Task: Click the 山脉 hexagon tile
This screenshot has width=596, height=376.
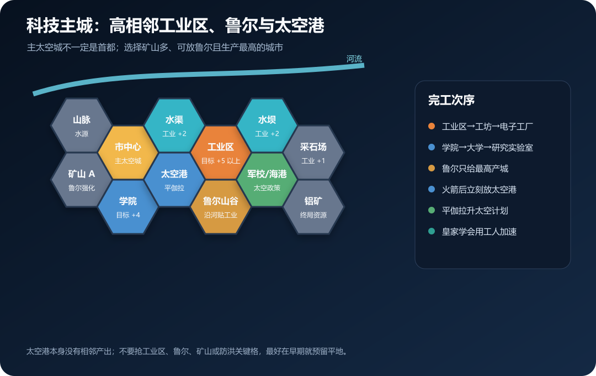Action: click(81, 126)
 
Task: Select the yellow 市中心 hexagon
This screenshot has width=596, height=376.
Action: click(127, 153)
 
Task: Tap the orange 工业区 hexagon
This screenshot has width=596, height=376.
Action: click(220, 153)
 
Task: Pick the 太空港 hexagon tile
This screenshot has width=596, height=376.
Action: click(174, 179)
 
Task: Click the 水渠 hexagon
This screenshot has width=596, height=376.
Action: click(174, 126)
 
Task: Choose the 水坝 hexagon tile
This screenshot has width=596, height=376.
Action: click(267, 126)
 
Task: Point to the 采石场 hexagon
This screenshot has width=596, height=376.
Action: click(313, 153)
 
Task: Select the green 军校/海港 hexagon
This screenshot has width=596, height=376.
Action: click(267, 179)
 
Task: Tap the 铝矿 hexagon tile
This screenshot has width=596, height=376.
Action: click(313, 206)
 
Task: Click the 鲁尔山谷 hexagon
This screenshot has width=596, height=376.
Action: click(220, 206)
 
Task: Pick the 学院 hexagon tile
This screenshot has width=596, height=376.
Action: click(127, 206)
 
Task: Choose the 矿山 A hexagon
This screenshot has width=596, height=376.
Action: click(81, 179)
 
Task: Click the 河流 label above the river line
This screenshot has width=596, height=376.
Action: click(354, 59)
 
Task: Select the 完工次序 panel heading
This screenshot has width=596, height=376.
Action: click(451, 100)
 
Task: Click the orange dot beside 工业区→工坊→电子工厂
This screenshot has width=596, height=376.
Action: click(432, 126)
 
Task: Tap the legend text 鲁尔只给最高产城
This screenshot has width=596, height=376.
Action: click(475, 169)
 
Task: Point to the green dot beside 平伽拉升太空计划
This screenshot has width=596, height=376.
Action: click(432, 210)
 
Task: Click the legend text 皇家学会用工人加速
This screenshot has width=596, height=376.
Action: click(480, 232)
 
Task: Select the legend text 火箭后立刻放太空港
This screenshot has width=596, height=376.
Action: click(480, 189)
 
